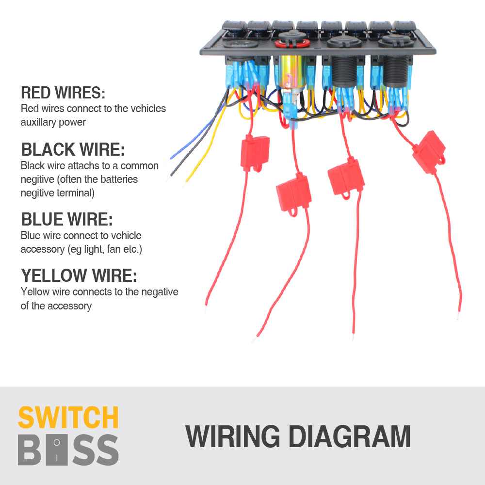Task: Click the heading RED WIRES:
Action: click(x=63, y=93)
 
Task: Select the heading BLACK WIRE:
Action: click(x=73, y=149)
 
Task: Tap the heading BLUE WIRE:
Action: click(x=67, y=220)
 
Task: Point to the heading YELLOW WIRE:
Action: click(x=79, y=276)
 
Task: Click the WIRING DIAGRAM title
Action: click(x=298, y=436)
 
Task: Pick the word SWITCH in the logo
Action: click(x=68, y=418)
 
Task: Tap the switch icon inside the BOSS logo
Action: click(x=57, y=450)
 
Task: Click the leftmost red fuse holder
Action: click(x=255, y=152)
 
